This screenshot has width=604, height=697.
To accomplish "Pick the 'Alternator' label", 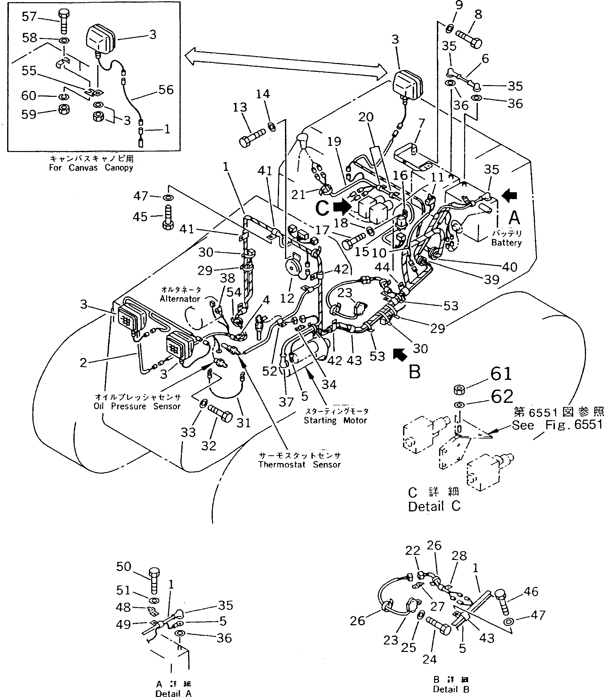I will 180,299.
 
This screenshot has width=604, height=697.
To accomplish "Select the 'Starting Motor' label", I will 335,420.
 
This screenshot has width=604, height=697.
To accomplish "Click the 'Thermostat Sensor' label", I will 299,465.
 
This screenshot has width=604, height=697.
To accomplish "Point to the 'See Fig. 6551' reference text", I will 556,425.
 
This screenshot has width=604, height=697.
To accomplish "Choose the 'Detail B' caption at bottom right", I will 451,689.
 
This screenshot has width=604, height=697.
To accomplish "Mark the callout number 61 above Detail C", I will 501,374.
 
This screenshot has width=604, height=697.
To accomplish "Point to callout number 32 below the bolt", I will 208,446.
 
